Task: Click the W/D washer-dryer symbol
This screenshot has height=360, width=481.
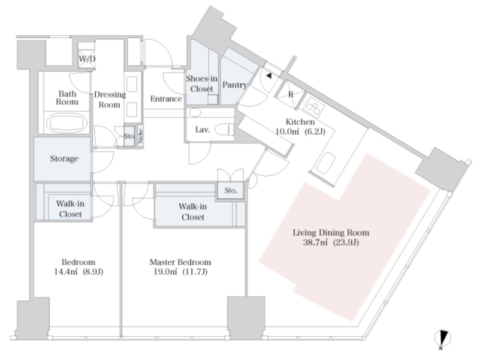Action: point(87,59)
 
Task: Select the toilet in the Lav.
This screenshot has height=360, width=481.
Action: point(224,130)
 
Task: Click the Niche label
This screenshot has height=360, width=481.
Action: point(141,136)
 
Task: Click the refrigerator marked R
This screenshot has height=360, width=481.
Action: point(290,95)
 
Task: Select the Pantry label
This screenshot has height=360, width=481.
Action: point(235,85)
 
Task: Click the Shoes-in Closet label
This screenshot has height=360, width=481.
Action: point(201,84)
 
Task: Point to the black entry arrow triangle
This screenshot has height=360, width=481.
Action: point(269,76)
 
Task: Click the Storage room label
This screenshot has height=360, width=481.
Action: point(64,159)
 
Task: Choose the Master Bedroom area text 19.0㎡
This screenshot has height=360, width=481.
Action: point(165,272)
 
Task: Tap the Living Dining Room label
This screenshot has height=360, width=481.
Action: point(331,233)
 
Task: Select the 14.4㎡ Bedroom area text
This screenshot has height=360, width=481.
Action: point(66,272)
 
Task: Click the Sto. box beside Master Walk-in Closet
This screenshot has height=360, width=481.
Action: point(230,191)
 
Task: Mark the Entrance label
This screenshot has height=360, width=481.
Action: point(166,99)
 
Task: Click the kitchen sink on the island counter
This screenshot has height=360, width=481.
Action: point(326,163)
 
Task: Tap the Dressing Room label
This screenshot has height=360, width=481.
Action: point(110,100)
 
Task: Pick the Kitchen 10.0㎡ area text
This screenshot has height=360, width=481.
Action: point(287,132)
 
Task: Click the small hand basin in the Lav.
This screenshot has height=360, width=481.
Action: point(195,112)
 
